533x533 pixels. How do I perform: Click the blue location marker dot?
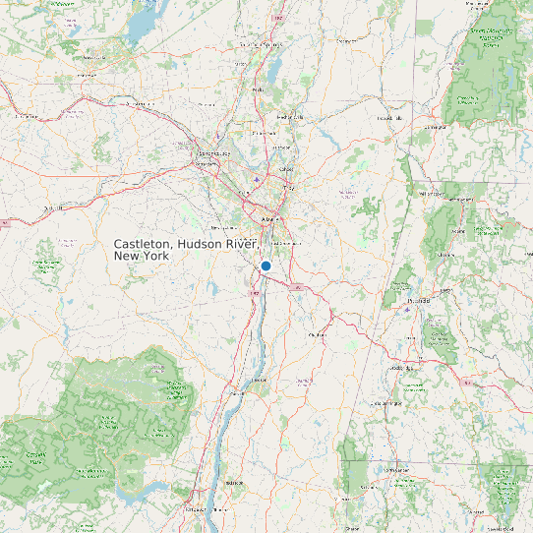coord(266,266)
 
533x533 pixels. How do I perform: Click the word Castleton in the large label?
coord(144,243)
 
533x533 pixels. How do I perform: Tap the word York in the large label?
coord(155,256)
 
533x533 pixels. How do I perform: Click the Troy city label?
coord(288,187)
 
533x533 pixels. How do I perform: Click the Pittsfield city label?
coord(417,302)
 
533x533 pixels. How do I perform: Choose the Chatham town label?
coord(317,335)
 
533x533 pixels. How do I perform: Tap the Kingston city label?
coord(234,484)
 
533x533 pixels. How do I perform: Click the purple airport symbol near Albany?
coord(258,180)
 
